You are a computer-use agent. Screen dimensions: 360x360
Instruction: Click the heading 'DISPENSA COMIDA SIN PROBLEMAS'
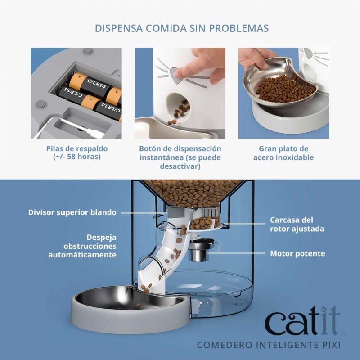point(182,28)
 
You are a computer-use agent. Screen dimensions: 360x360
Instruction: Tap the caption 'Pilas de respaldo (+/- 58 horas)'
point(77,153)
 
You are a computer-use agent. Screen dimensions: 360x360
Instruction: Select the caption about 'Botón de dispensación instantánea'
point(180,157)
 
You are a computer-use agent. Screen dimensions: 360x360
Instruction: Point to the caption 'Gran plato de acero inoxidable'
point(283,153)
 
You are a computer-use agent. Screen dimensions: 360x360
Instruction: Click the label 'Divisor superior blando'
point(72,212)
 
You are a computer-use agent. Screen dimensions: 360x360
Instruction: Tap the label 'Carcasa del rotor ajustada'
point(297,224)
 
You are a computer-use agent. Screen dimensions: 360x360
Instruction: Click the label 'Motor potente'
point(297,253)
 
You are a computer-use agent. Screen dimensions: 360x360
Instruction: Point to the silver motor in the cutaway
point(198,252)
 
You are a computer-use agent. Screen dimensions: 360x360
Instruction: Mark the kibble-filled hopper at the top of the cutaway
point(193,191)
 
